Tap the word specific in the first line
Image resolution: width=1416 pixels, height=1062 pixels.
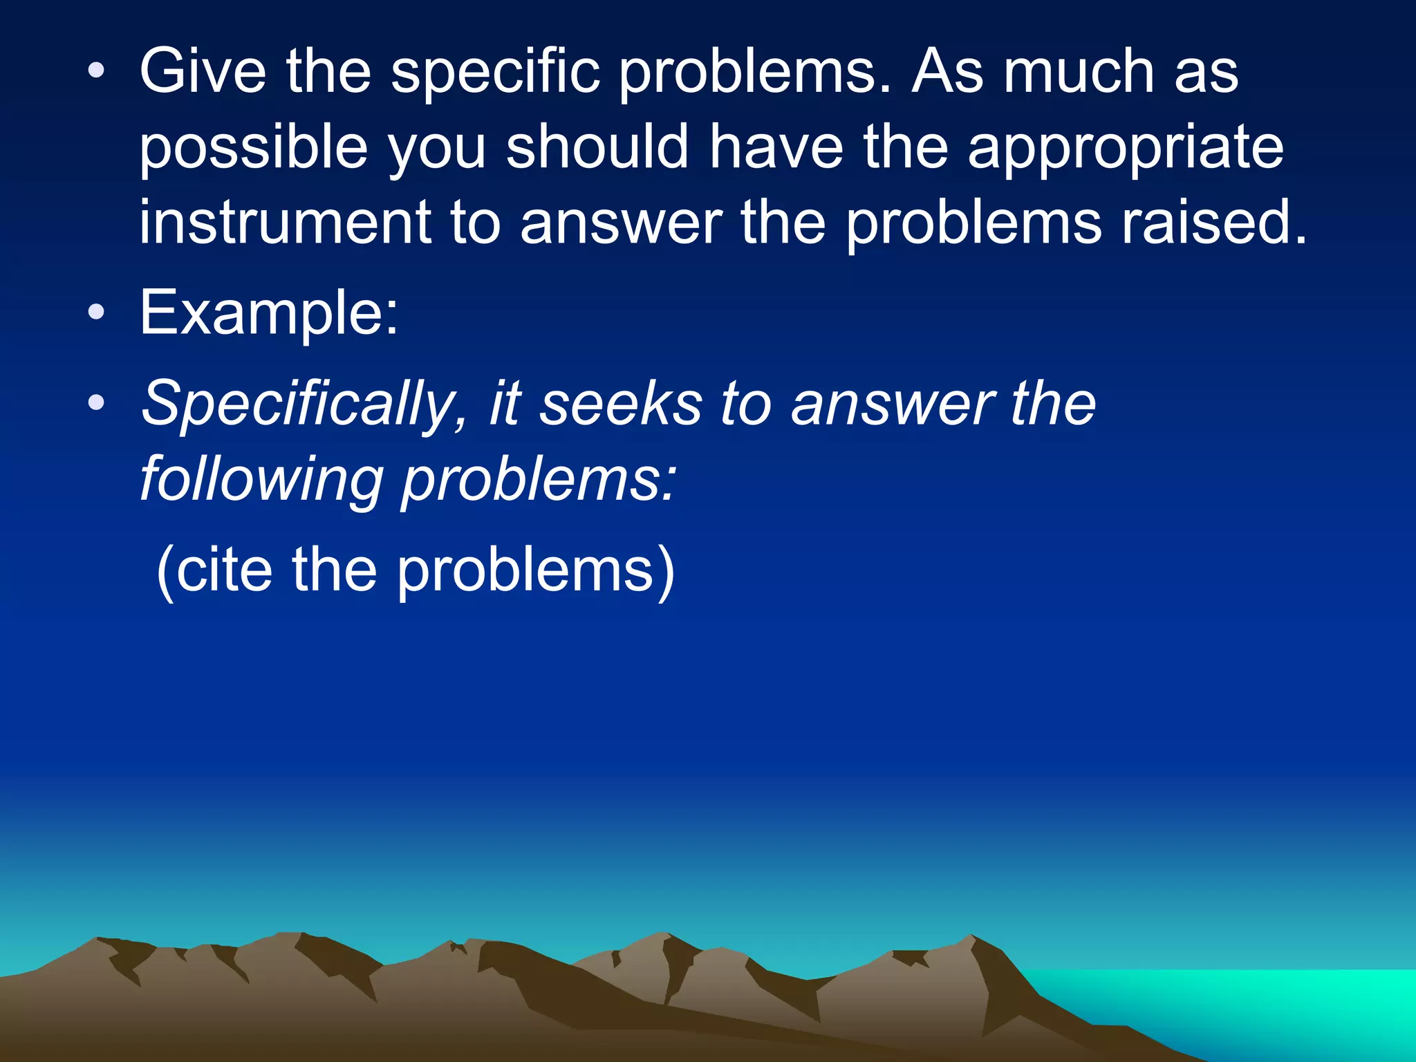(x=494, y=73)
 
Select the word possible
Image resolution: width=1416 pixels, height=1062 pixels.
(x=253, y=147)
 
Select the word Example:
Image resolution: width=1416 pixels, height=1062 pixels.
(x=269, y=315)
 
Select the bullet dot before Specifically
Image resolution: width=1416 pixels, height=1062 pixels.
(x=96, y=402)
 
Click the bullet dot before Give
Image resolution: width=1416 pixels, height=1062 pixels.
(x=96, y=70)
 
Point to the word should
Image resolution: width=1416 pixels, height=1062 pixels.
(x=597, y=147)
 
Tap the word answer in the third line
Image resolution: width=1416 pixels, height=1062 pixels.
(x=621, y=223)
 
